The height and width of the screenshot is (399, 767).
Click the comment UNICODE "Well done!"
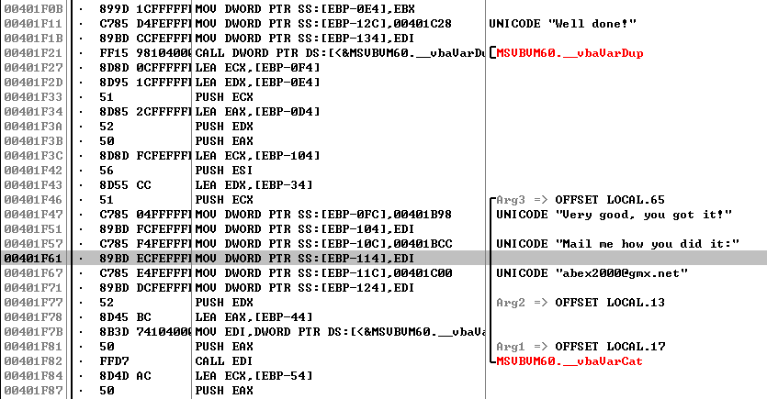[x=564, y=23]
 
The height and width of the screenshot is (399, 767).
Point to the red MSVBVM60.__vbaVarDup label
[x=570, y=52]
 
